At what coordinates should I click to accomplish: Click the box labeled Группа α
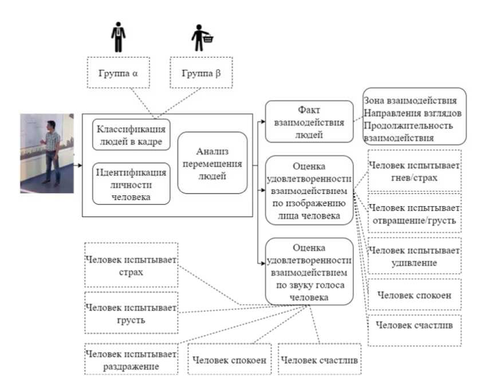pos(118,73)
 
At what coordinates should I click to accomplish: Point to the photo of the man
pos(48,153)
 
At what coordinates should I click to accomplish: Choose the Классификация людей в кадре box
pos(132,135)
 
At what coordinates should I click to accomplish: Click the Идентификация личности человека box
pos(132,184)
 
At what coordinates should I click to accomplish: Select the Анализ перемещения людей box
pos(212,163)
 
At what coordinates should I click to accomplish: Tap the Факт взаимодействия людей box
pos(309,121)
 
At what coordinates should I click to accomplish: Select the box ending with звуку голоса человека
pos(309,272)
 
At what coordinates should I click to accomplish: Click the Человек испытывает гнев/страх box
pos(414,171)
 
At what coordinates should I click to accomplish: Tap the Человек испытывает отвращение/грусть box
pos(414,213)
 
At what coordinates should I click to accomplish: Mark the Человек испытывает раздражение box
pos(131,359)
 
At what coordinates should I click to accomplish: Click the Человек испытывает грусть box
pos(131,313)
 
